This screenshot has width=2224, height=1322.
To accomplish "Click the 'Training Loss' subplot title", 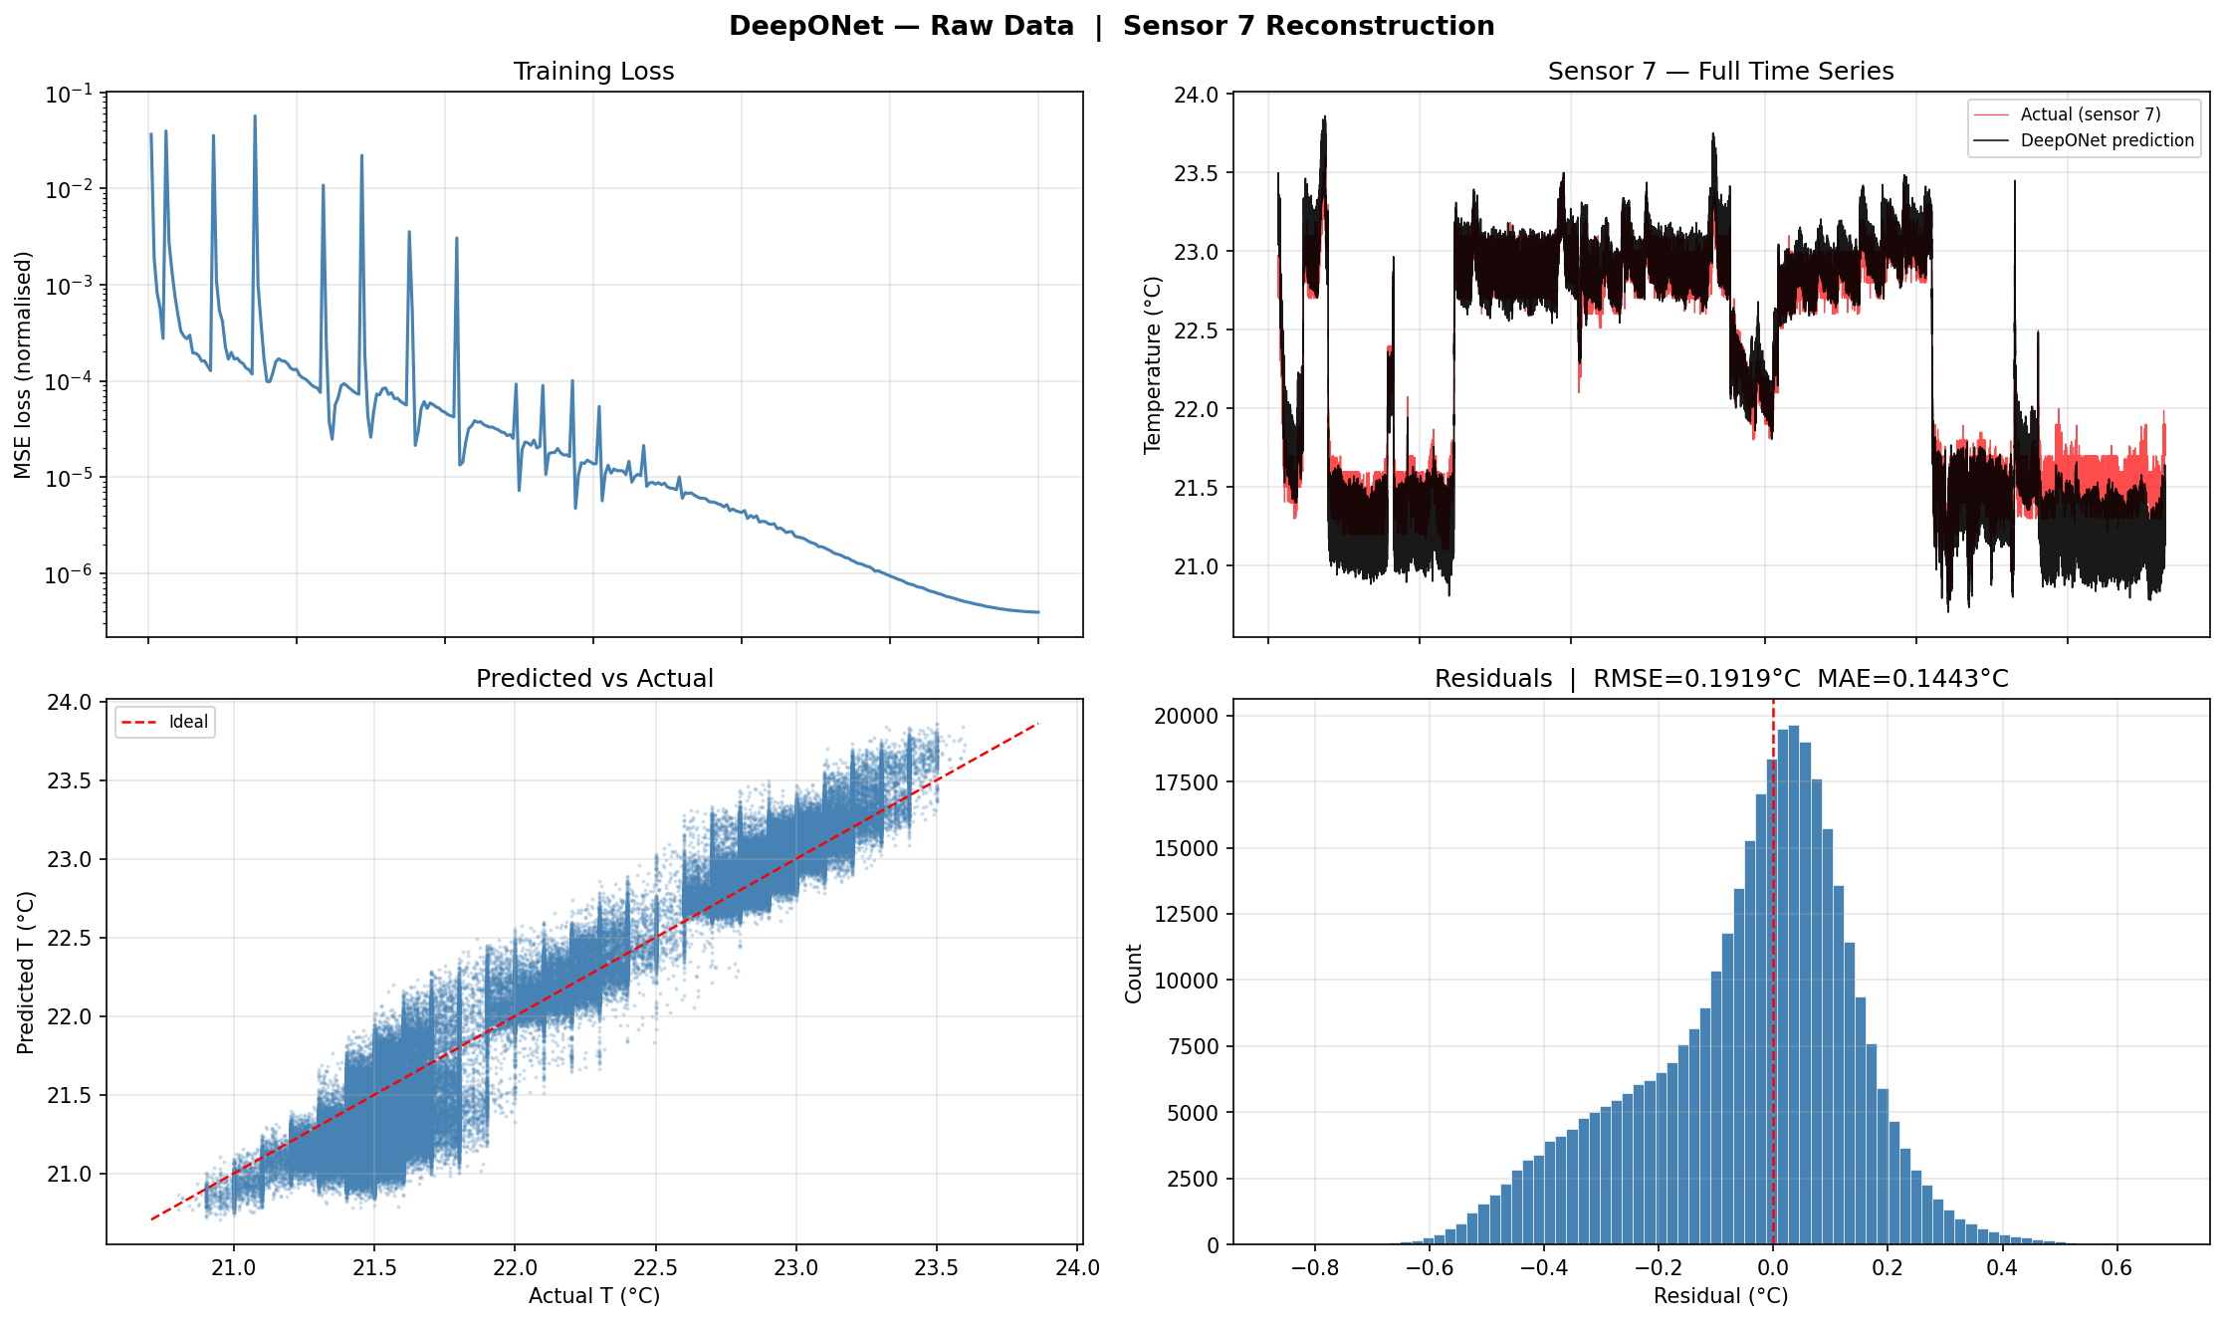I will coord(593,72).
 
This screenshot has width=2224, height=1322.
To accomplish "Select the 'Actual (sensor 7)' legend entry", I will coord(2090,114).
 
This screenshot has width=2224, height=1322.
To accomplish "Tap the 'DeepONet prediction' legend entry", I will coord(2107,140).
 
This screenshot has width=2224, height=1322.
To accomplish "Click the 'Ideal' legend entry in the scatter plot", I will coord(188,722).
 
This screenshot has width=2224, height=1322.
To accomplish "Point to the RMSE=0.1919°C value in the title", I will coord(1696,679).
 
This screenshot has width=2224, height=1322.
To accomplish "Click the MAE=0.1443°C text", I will coord(1912,679).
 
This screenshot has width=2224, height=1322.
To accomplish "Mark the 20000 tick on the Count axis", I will coord(1186,716).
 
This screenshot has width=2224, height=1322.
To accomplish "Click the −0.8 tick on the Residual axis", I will coord(1314,1267).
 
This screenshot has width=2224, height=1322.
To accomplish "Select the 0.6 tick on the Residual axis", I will coord(2116,1267).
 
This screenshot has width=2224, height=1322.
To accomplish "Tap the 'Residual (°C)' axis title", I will coord(1720,1296).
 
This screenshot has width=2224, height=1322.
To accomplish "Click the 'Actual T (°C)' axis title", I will coord(593,1296).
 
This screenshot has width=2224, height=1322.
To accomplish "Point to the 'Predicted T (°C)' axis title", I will coord(26,973).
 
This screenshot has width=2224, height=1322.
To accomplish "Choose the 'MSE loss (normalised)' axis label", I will coord(23,364).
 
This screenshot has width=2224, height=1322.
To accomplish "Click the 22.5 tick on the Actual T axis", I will coord(655,1267).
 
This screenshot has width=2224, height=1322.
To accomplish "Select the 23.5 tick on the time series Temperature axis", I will coord(1196,173).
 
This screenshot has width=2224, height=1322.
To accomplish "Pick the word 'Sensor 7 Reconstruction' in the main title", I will coord(1308,26).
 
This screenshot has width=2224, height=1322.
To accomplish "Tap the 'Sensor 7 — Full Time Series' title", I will coord(1720,72).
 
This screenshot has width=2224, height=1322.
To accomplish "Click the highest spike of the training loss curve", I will coord(255,116).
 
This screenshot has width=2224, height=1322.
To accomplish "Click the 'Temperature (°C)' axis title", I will coord(1153,364).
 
